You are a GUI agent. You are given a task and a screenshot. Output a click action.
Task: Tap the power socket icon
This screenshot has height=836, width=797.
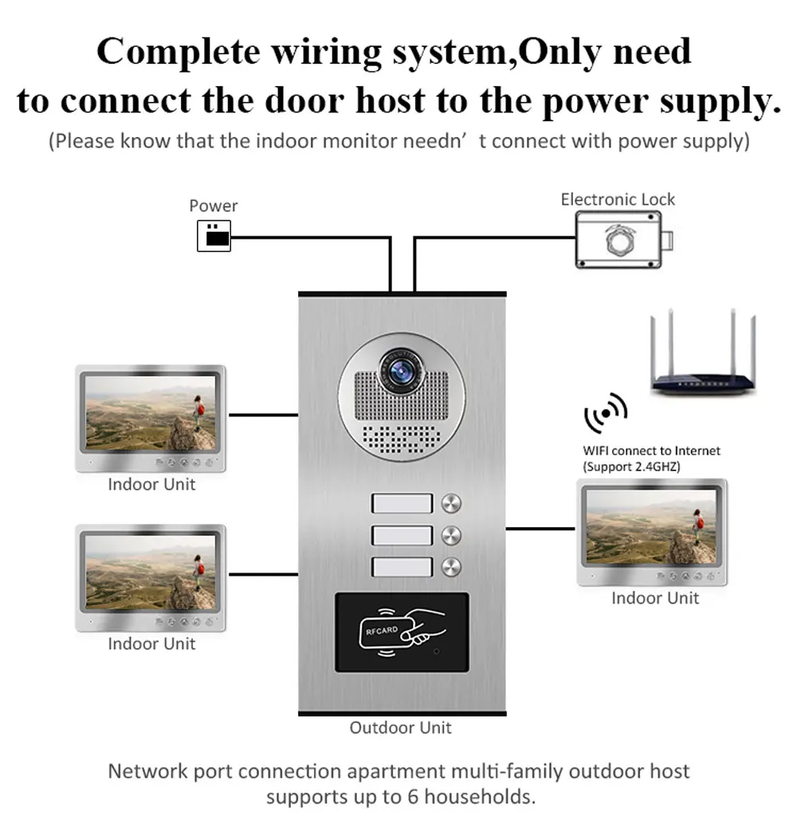[x=214, y=236]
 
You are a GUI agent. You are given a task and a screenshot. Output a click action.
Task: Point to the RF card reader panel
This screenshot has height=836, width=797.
[x=402, y=631]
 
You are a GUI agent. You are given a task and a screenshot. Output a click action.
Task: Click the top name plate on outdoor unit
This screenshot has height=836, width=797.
[x=402, y=503]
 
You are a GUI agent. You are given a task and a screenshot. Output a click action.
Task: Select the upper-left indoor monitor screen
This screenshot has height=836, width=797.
[x=150, y=413]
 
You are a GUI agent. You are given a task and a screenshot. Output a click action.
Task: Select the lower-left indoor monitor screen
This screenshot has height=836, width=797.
[x=150, y=572]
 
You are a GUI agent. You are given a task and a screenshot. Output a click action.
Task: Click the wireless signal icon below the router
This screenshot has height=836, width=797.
[x=606, y=412]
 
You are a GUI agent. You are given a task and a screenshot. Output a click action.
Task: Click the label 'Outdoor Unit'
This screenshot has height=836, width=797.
[x=400, y=727]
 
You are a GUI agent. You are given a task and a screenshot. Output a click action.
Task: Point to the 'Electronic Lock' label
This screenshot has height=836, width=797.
[x=618, y=199]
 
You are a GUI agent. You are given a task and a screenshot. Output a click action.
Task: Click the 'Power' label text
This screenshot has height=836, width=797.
[x=214, y=205]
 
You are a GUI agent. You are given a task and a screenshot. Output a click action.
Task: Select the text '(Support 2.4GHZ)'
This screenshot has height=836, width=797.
[x=631, y=467]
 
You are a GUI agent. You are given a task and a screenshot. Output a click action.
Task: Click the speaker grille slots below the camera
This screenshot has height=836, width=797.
[x=401, y=436]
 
